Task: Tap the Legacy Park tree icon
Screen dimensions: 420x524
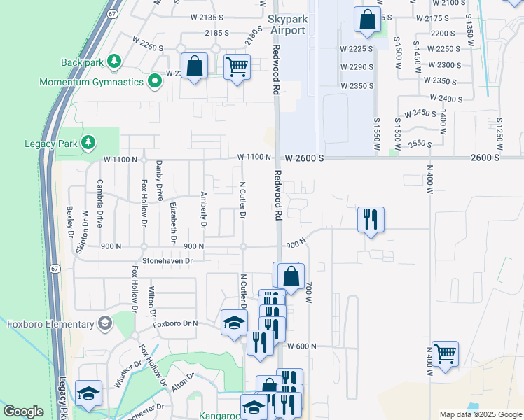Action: point(88,143)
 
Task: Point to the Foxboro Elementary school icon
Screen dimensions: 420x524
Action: point(105,323)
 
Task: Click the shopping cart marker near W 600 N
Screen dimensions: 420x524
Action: point(445,353)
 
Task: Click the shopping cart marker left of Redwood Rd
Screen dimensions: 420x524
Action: point(237,67)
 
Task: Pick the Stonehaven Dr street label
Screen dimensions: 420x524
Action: point(167,260)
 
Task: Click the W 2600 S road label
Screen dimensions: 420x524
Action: point(303,158)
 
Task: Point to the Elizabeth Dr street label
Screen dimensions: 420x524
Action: point(173,222)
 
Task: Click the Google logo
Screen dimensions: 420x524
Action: point(23,412)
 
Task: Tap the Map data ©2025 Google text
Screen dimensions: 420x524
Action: point(480,414)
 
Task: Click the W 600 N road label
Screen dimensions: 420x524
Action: point(303,346)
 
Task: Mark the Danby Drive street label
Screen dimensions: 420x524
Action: point(160,181)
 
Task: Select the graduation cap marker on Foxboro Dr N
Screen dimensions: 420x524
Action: point(234,322)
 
